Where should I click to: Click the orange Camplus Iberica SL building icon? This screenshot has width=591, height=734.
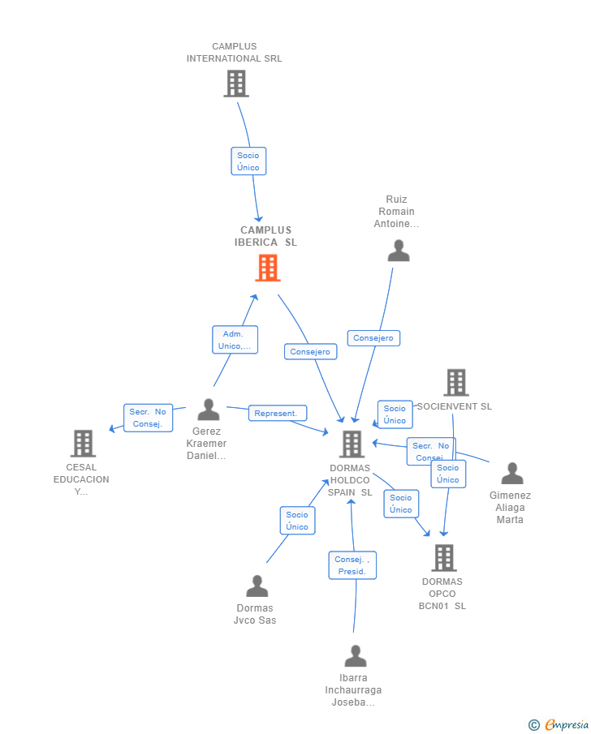pos(268,268)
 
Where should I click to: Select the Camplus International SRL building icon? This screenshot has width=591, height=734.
pos(235,83)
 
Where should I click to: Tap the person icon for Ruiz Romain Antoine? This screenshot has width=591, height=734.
pos(398,251)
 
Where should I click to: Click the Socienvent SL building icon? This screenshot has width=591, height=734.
pos(456,383)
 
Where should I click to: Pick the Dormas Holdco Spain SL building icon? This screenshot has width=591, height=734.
pos(352,444)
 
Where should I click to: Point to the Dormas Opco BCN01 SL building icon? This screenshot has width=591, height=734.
pos(443,558)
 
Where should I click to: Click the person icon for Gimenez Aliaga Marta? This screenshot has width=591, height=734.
pos(511,473)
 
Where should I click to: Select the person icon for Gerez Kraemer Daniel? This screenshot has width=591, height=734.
pos(209,410)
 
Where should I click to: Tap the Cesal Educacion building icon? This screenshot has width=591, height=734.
pos(83,444)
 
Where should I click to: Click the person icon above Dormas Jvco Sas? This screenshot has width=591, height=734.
pos(257,586)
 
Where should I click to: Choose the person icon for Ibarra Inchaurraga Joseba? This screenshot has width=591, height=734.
pos(355,655)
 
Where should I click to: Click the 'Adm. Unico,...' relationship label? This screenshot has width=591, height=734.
pos(235,340)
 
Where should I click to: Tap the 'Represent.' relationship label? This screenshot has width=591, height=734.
pos(277,413)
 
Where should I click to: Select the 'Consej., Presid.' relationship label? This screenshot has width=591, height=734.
pos(352,565)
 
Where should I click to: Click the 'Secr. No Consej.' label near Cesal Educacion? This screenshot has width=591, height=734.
pos(148,418)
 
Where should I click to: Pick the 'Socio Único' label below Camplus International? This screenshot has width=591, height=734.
pos(248,161)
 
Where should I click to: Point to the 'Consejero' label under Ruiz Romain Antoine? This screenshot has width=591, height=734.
pos(373,338)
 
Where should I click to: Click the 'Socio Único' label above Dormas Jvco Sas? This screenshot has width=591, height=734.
pos(297,521)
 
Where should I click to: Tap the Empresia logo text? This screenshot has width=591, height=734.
pos(566,724)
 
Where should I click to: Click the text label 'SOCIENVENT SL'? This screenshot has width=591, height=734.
pos(455,406)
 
